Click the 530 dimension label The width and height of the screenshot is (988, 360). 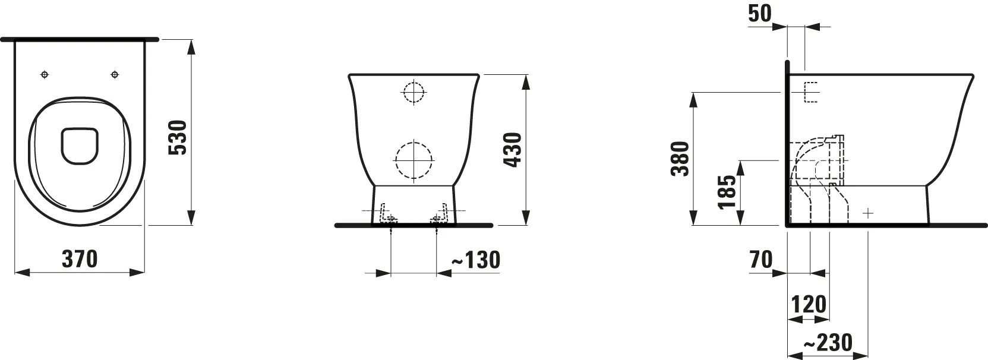178,137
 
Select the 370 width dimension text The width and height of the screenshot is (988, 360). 80,259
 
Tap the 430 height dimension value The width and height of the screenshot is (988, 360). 513,150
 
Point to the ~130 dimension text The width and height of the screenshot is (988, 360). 476,260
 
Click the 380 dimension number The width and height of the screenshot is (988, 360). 680,159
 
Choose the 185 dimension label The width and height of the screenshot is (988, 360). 727,192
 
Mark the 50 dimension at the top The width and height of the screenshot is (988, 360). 760,13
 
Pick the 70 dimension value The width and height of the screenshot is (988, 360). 761,260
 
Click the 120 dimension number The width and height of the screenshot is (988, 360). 809,304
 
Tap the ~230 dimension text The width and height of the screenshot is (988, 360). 828,342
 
